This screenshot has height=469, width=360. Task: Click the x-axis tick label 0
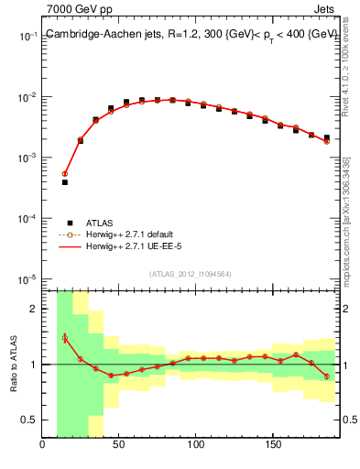pyautogui.click(x=43, y=446)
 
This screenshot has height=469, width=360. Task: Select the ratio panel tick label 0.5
pyautogui.click(x=31, y=420)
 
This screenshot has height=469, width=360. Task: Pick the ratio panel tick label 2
pyautogui.click(x=35, y=309)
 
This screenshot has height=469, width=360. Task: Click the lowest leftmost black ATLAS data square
pyautogui.click(x=65, y=182)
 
